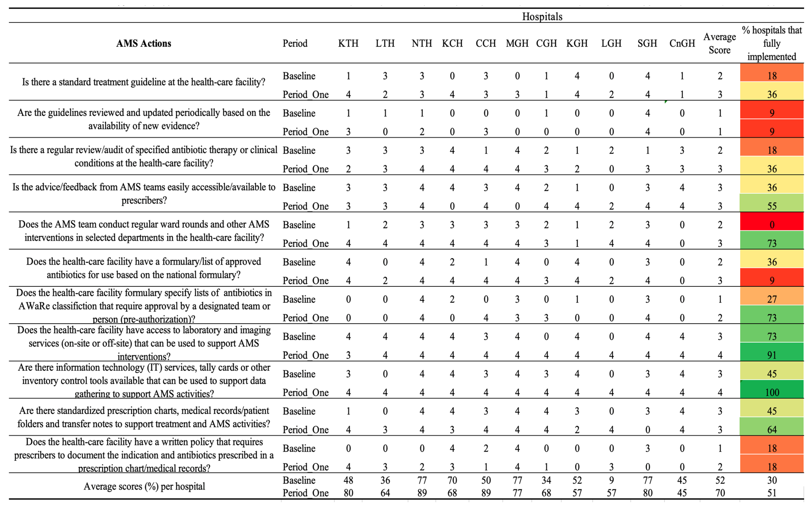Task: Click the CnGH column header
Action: tap(682, 43)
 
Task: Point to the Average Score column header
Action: tap(719, 43)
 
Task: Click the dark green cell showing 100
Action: tap(772, 392)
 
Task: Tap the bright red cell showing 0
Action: tap(772, 225)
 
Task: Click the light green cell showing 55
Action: tap(772, 206)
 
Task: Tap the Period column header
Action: tap(295, 43)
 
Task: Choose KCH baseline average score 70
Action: tap(452, 480)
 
